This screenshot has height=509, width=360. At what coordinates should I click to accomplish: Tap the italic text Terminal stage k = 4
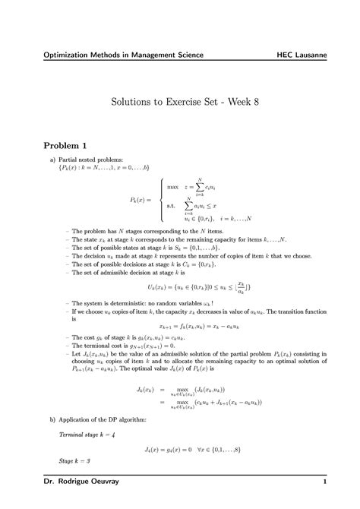click(89, 434)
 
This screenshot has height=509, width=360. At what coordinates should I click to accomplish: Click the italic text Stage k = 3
click(74, 461)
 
